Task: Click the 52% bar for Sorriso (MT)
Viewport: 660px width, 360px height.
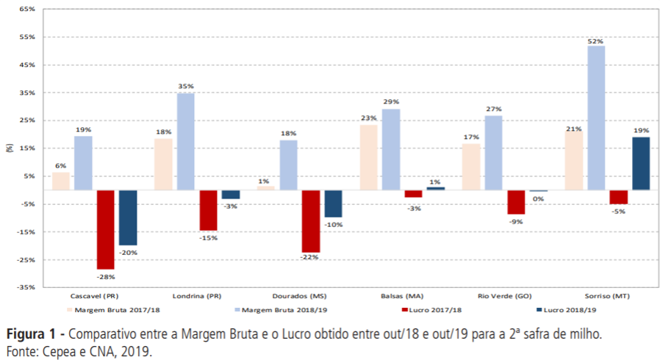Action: [596, 118]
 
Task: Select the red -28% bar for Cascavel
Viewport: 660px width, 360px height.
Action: [106, 229]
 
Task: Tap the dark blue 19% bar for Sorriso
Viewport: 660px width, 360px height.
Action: [641, 163]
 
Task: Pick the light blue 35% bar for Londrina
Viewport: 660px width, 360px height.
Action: [186, 141]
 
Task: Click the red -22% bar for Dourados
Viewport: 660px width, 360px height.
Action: [311, 220]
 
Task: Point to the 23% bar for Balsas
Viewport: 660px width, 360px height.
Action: [368, 157]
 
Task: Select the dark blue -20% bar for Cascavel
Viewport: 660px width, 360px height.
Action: [129, 217]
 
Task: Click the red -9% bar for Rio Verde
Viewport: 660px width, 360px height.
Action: [516, 202]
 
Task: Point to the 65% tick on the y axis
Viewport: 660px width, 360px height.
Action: [26, 9]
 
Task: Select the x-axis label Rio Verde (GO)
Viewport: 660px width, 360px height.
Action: [505, 296]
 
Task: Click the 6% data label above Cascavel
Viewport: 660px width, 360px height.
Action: [61, 165]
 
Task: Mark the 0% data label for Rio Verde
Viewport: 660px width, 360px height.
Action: [538, 199]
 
